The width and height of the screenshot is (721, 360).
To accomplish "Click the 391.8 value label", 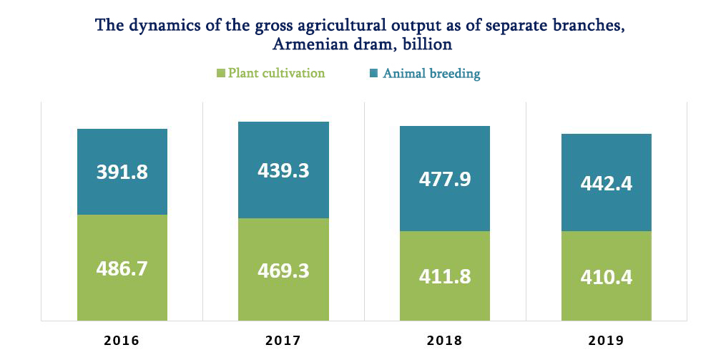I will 122,172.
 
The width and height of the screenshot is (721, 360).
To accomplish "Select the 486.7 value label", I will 122,269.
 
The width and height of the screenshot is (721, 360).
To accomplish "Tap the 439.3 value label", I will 283,170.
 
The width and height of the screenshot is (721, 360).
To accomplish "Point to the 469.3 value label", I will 283,271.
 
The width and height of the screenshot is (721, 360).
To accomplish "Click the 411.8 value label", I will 445,276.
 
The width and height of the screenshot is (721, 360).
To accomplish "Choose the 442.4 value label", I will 607,183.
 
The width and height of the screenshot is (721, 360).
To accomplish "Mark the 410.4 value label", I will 607,276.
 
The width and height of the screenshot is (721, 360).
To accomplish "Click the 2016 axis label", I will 122,340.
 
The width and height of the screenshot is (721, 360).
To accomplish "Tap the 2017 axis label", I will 283,340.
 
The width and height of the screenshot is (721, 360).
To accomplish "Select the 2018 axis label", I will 445,340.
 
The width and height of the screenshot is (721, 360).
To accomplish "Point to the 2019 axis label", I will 607,340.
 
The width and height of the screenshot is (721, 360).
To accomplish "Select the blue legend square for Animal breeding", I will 374,73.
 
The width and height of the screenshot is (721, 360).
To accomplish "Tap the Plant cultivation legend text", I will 276,73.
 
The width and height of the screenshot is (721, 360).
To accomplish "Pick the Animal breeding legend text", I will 431,73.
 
